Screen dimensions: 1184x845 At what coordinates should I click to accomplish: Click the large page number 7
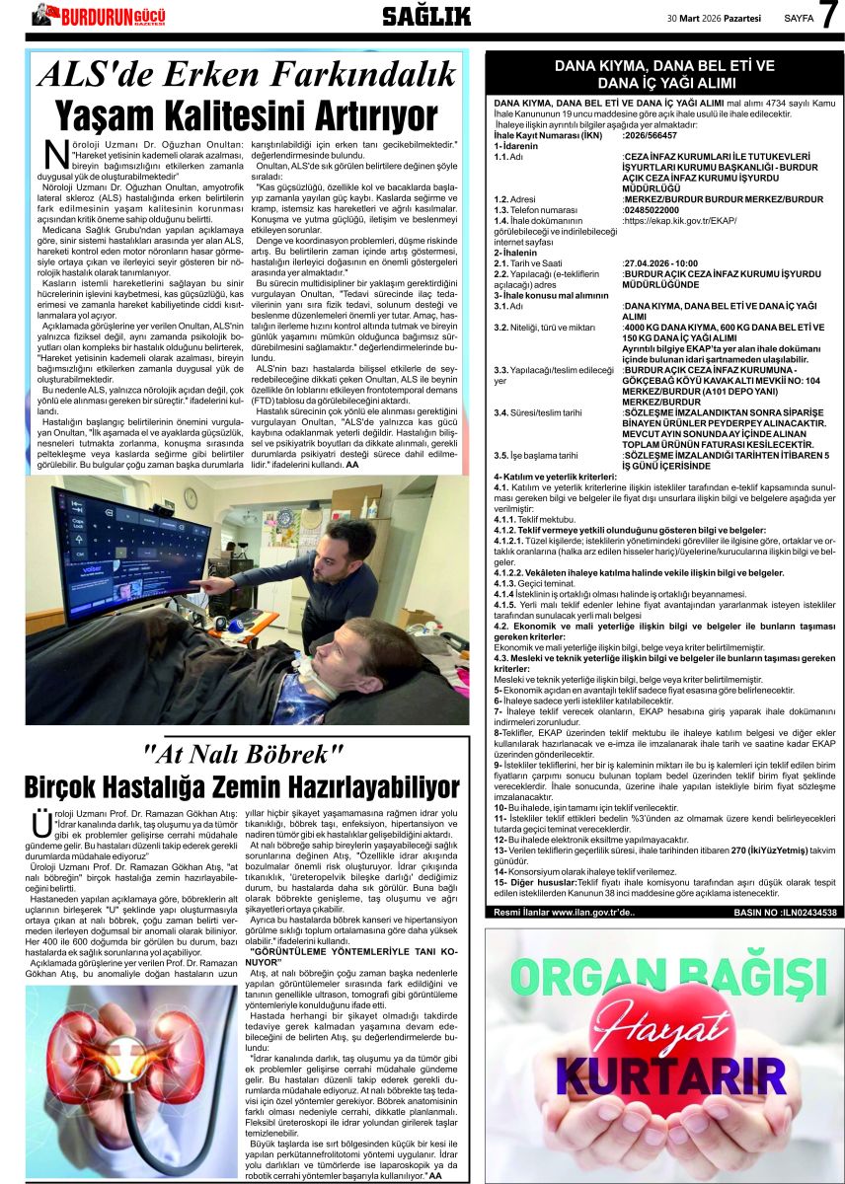(x=827, y=17)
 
